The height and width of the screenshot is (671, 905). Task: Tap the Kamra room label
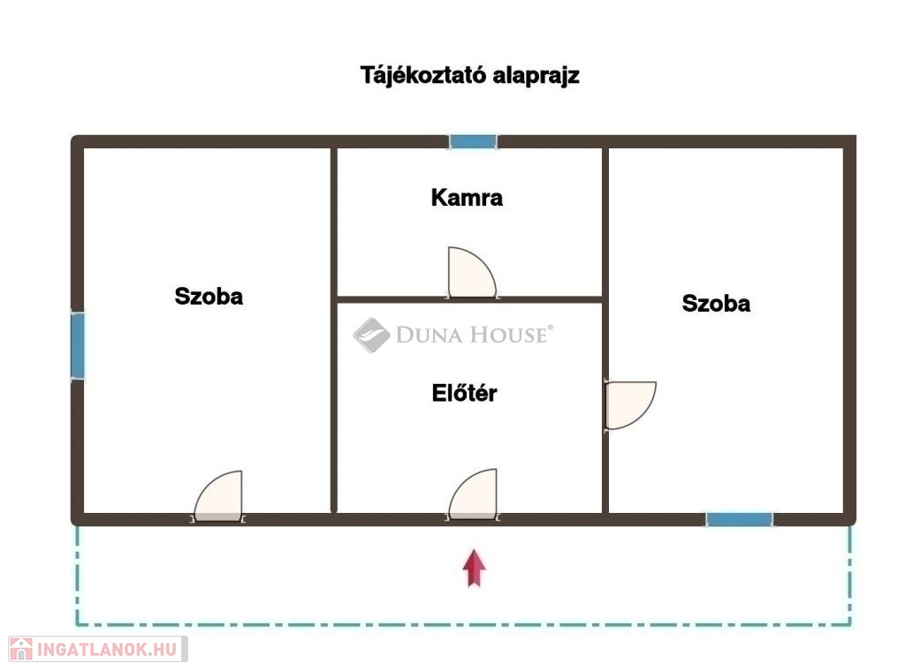coord(467,198)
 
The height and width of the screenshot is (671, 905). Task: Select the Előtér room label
coord(465,393)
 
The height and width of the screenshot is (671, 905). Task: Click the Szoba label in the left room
coord(209,297)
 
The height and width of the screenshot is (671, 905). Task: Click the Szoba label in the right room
coord(716,303)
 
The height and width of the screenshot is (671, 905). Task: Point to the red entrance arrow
coord(474,568)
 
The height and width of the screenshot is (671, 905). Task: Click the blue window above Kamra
coord(474,141)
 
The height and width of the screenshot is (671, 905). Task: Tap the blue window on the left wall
coord(78,346)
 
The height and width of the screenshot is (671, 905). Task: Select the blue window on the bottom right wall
coord(740,519)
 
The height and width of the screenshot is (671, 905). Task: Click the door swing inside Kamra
coord(472,273)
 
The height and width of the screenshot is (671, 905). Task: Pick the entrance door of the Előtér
coord(473,494)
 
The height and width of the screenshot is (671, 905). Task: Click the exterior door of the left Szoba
coord(219,496)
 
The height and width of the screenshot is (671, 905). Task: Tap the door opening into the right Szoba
coord(630,405)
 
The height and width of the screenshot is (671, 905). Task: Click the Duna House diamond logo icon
coord(372,335)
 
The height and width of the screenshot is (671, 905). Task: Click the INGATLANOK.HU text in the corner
coord(107,650)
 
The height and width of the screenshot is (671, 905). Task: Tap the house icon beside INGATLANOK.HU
coord(21,649)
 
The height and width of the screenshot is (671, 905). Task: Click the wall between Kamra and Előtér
coord(470,300)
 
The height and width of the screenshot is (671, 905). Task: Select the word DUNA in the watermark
coord(429,335)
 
